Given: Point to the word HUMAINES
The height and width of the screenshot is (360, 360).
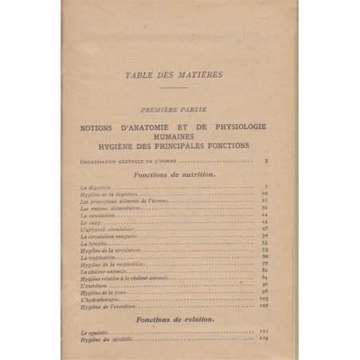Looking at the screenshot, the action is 179,136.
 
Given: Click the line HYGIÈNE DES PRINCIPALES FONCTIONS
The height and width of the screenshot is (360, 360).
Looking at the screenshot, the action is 179,145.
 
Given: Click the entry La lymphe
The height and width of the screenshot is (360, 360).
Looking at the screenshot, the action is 96,243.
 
